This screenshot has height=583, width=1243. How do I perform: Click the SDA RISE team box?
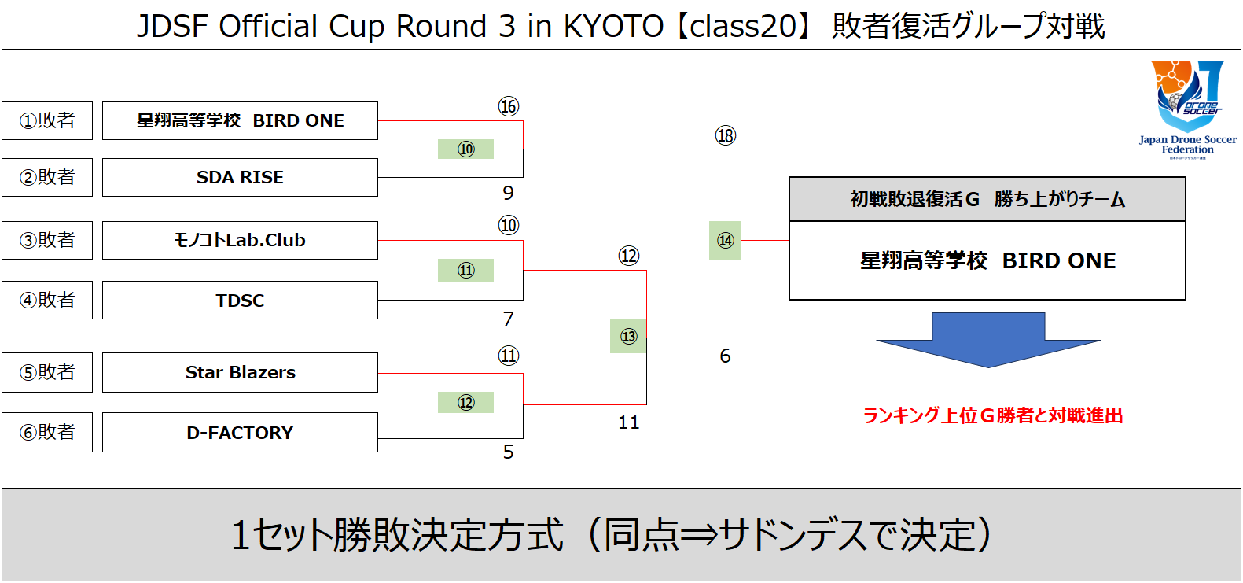point(241,178)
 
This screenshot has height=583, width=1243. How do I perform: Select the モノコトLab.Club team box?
point(241,241)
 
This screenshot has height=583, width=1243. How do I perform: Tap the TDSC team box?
point(241,301)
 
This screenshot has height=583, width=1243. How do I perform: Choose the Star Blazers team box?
point(241,373)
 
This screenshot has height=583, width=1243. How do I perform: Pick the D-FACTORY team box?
point(241,433)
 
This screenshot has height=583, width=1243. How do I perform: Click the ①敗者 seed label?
point(47,120)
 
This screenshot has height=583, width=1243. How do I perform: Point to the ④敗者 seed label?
point(47,301)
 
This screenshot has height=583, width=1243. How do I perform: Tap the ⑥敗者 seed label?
point(47,433)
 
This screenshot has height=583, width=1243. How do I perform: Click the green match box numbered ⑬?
point(628,336)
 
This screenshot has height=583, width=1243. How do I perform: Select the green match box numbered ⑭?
point(725,241)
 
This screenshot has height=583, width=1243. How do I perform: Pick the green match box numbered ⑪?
point(465,271)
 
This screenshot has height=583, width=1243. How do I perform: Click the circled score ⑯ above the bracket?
point(509,106)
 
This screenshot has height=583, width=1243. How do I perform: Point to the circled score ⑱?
point(725,135)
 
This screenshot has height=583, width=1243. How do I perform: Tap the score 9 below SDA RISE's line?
point(509,194)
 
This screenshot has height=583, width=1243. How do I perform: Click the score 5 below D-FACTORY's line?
point(509,452)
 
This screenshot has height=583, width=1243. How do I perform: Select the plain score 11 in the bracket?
point(629,422)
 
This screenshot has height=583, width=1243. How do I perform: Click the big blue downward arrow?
point(988,340)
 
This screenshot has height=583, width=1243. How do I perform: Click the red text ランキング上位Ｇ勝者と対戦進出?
point(993,415)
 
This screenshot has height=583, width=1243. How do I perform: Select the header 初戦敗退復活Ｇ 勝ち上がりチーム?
point(987,199)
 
